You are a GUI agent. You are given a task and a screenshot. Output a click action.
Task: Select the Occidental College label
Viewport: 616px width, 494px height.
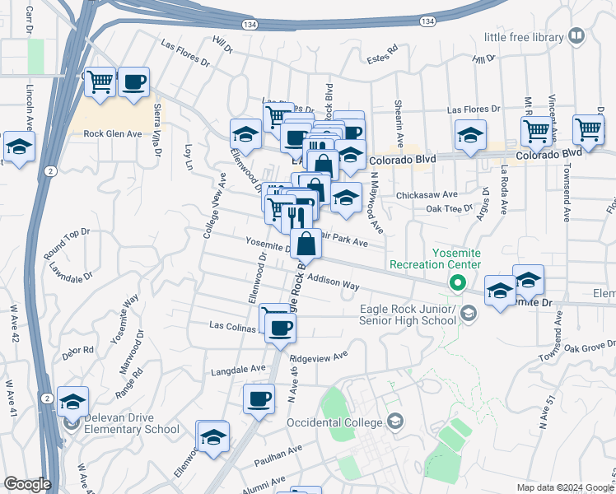335,422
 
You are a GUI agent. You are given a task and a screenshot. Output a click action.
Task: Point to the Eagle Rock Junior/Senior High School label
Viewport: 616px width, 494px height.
408,315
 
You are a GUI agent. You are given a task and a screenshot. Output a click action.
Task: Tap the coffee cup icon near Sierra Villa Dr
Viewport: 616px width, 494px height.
133,82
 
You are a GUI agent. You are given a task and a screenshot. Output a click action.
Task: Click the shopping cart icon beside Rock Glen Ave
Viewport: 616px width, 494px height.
100,82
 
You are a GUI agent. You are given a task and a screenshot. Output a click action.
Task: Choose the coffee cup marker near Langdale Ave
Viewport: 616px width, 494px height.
259,399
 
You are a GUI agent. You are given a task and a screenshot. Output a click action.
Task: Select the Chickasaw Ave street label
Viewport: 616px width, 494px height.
426,195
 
